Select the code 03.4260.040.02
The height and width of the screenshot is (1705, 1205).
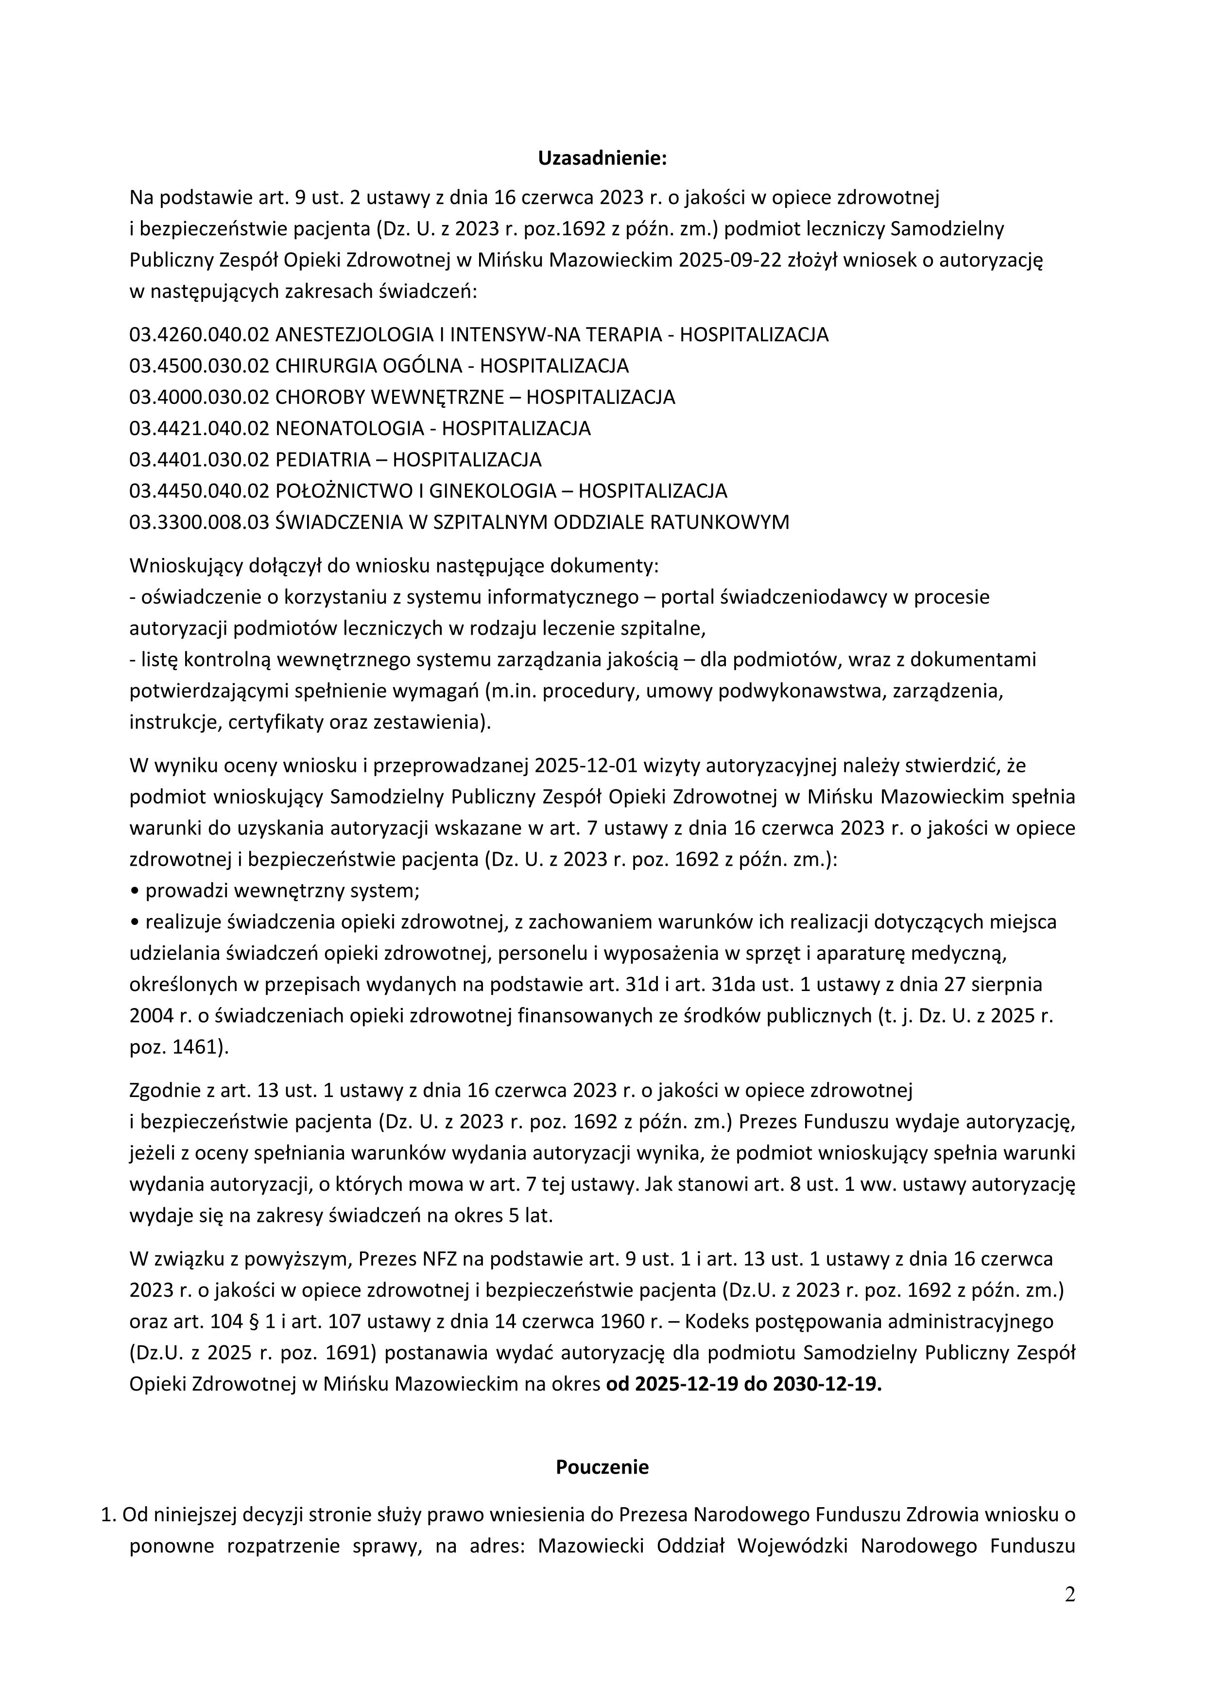coord(198,334)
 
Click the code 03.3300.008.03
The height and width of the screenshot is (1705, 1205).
coord(198,522)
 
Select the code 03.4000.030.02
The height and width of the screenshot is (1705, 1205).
coord(198,397)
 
